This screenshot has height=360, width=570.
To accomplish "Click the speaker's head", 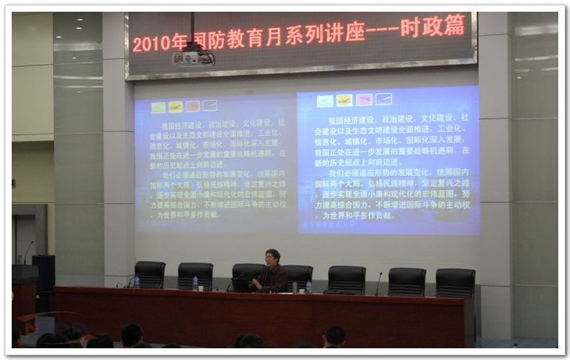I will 273,257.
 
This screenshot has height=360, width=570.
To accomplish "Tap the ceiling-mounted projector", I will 191,56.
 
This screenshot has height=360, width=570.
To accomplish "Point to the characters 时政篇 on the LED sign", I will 433,28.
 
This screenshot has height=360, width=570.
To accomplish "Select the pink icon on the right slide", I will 364,100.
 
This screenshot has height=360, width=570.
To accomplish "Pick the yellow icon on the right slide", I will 344,100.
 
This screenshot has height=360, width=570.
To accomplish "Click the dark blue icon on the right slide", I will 383,99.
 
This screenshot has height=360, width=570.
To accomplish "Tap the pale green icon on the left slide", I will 159,108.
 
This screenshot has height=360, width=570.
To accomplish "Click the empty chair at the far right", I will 455,282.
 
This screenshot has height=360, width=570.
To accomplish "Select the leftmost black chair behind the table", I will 149,274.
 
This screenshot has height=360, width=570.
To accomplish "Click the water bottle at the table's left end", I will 136,281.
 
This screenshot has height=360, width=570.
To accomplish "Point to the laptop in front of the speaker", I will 241,286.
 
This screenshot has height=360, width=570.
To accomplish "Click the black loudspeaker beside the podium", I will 44,273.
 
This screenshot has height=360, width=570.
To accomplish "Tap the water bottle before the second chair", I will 195,283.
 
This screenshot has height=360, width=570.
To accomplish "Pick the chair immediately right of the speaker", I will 299,275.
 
